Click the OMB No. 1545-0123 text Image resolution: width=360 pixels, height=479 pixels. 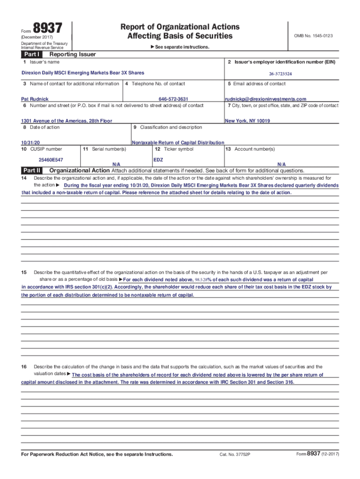313,36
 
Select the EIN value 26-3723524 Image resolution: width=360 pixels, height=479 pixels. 281,74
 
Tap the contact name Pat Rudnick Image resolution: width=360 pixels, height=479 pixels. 35,99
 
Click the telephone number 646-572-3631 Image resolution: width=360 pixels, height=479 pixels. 173,99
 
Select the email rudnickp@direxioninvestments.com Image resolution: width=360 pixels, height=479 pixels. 266,99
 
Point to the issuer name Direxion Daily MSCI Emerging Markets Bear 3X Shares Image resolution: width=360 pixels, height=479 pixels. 83,73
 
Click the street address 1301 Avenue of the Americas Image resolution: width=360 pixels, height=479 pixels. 67,121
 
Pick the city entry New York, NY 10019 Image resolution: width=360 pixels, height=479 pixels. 247,121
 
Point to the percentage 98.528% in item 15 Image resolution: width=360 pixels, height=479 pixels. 197,279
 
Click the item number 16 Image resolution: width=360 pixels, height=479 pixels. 24,367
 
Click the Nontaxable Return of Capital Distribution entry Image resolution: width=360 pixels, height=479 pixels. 178,143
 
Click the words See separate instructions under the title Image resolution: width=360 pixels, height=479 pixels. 181,47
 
